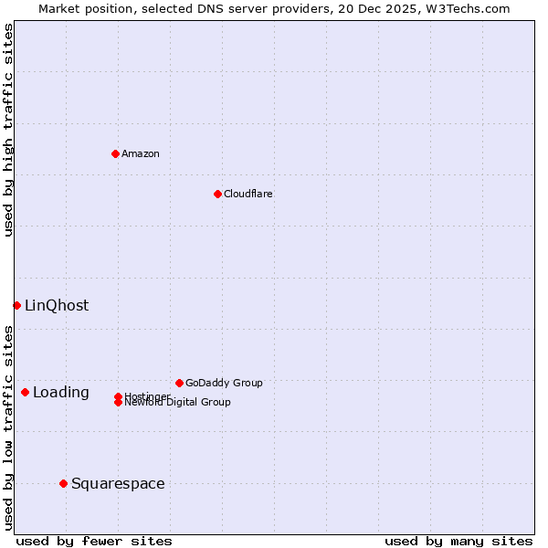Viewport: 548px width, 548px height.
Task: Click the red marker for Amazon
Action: [x=115, y=153]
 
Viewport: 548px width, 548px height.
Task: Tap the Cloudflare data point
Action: [x=217, y=194]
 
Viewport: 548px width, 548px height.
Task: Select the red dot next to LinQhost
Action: [x=16, y=305]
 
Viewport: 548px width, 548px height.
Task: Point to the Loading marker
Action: [x=25, y=392]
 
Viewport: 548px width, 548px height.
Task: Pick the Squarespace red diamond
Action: [x=63, y=483]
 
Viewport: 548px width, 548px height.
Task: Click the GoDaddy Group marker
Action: [x=179, y=383]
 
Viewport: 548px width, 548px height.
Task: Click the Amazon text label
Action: [x=141, y=153]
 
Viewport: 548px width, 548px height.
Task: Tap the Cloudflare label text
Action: [x=248, y=194]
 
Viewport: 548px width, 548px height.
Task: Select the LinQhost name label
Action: [x=57, y=306]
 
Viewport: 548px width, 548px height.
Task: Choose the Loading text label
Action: [x=61, y=393]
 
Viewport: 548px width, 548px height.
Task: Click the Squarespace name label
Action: [x=118, y=484]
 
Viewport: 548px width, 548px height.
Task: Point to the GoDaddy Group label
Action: [x=224, y=383]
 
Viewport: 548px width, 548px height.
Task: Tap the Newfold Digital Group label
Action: [x=177, y=403]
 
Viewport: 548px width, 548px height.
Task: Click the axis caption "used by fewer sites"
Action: [x=94, y=541]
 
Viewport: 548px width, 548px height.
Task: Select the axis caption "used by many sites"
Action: [x=458, y=541]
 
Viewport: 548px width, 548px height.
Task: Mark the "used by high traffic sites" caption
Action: [x=8, y=130]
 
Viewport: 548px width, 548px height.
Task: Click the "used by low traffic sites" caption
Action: [x=8, y=427]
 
